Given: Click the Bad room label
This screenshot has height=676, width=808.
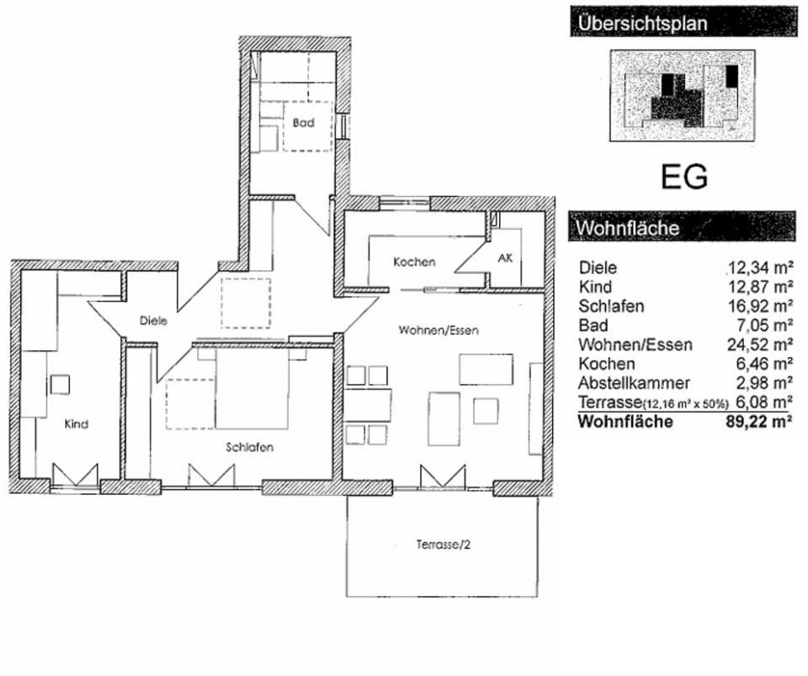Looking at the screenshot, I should (303, 123).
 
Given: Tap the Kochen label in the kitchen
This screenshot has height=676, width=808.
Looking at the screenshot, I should (414, 262).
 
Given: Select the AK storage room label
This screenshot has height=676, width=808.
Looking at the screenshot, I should (505, 258).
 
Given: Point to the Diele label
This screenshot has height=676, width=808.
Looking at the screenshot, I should (153, 320).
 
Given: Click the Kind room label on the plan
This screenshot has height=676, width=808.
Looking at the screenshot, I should (76, 424).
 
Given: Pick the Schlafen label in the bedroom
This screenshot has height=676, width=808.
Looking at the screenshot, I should (249, 448).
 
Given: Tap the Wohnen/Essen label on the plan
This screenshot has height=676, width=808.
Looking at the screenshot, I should (438, 331).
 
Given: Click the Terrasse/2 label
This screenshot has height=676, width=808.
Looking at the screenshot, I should (443, 545).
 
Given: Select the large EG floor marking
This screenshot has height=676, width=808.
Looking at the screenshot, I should (683, 177).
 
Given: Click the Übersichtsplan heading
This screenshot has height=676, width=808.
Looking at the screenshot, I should (640, 23).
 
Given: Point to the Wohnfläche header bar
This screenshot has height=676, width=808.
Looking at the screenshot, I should (682, 227).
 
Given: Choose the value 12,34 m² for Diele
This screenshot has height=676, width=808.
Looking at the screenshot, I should (761, 269).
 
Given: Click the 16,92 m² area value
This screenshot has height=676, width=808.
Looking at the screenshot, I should (761, 306).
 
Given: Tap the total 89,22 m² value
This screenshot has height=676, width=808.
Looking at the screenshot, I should (759, 422).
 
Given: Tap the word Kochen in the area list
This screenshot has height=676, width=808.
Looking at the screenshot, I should (607, 365).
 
